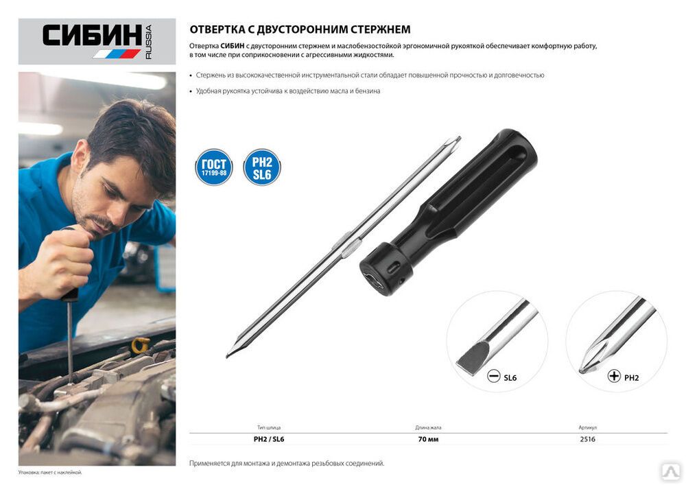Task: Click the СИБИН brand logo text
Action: coord(92,35)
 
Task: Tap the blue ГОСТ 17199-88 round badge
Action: coord(214,167)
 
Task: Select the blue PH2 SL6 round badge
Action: coord(261,167)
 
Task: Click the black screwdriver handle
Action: coord(449,212)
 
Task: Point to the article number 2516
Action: coord(588,439)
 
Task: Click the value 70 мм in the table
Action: coord(428,439)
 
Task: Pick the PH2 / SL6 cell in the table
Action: coord(269,439)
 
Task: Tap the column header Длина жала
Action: coord(428,427)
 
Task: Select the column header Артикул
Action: coord(588,427)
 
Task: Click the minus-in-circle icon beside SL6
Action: coord(493,376)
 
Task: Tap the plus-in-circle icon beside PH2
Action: coord(614,376)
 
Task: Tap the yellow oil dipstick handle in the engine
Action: coord(141,345)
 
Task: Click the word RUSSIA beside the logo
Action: coord(148,42)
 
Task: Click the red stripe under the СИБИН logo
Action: coord(130,54)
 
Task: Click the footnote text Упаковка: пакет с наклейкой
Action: coord(50,473)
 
